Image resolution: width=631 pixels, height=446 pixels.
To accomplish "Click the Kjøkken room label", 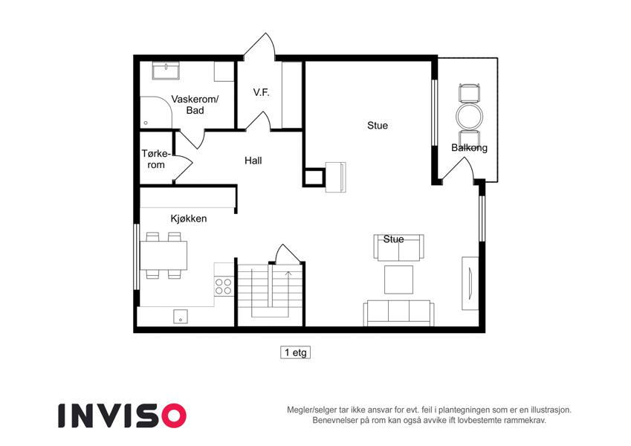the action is coord(188,219).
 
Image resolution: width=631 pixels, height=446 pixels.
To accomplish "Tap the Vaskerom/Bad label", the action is coord(195,105).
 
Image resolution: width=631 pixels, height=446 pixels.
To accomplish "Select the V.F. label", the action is coord(261,92).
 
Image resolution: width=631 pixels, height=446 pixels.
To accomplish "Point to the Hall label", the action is coord(253,161).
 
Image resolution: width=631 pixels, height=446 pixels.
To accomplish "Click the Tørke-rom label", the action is coord(156,159).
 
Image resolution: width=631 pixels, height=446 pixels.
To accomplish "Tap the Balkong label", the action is coord(469,148).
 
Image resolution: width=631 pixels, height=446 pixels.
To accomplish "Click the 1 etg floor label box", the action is coord(295,352).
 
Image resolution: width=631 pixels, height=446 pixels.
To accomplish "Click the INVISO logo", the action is coord(123,416).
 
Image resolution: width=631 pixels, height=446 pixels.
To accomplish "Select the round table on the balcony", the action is coord(469,116).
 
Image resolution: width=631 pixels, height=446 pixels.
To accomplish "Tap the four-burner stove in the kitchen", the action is coord(224,286).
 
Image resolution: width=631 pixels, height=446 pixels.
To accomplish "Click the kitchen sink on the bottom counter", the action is coord(181,317).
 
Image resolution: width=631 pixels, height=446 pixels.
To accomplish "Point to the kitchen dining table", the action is coord(164,255).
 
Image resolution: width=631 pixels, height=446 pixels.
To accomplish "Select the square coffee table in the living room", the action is coord(398,279).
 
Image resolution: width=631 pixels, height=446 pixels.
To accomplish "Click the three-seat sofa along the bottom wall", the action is coord(399,312).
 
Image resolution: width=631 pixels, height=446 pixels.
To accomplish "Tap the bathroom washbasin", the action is coord(166,71).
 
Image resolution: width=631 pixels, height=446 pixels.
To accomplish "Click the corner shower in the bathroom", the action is coord(156,112).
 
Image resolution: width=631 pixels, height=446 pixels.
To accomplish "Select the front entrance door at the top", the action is coord(259,46).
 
